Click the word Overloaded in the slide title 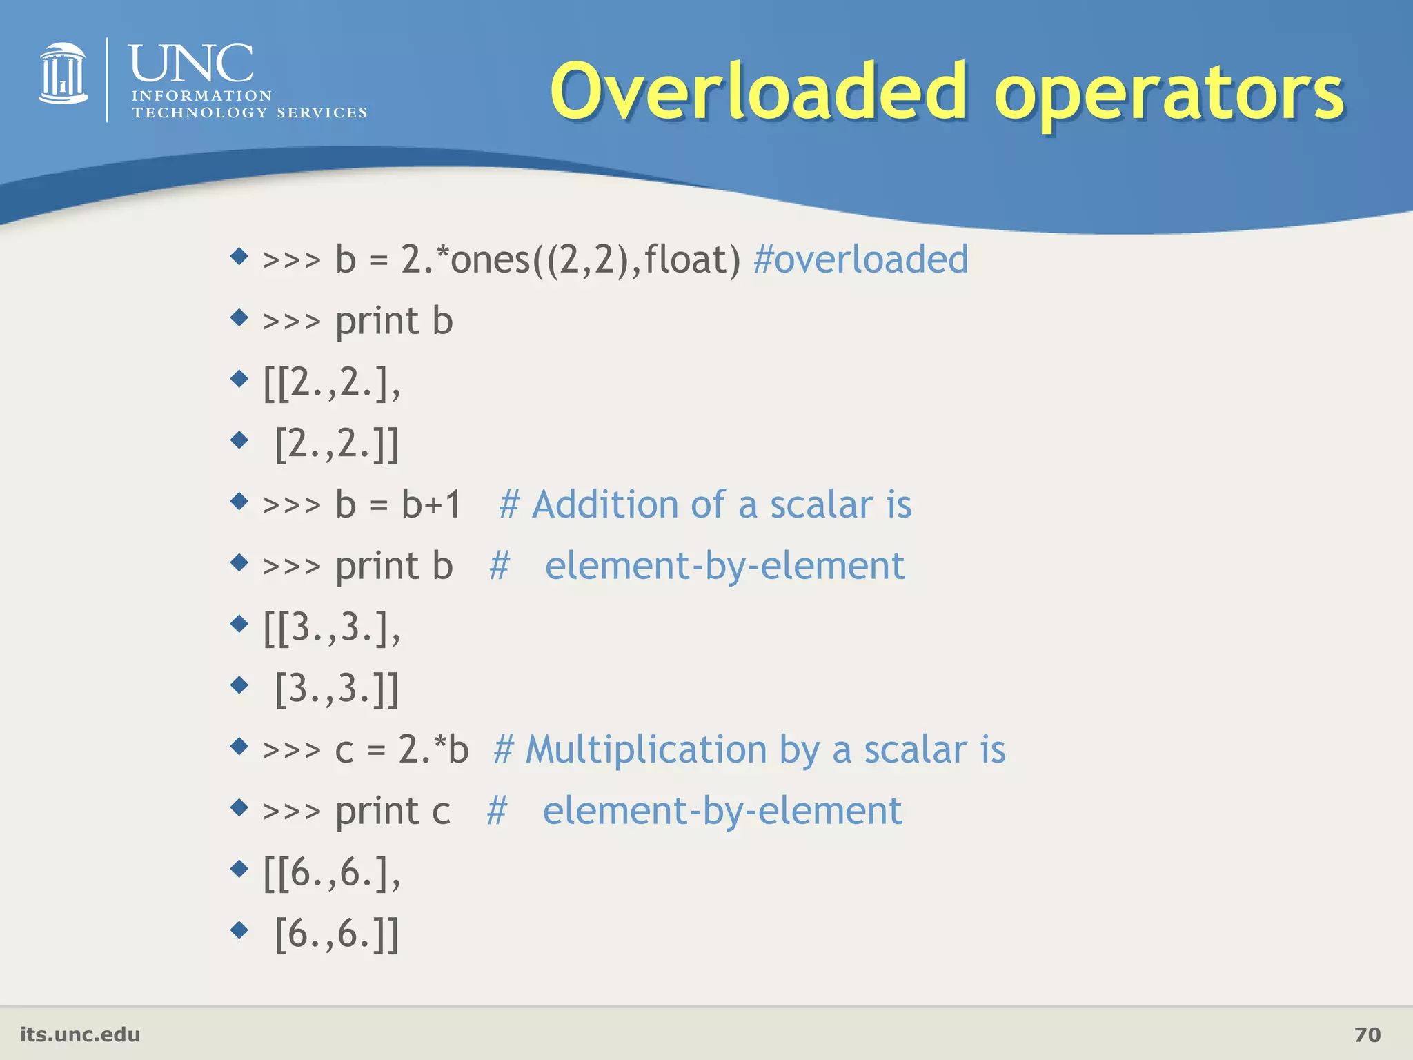click(x=758, y=92)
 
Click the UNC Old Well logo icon click(x=63, y=74)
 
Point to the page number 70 click(x=1367, y=1034)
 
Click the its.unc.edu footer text click(x=80, y=1034)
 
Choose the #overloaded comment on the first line click(x=861, y=259)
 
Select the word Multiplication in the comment click(x=646, y=749)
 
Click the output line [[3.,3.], click(x=332, y=627)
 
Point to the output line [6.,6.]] click(x=337, y=934)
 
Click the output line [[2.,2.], click(x=332, y=382)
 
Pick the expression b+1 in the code click(x=432, y=504)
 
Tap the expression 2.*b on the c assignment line click(x=433, y=749)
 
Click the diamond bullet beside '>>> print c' click(x=239, y=807)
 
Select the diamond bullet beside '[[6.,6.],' click(x=239, y=868)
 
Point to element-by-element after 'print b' click(x=724, y=566)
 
